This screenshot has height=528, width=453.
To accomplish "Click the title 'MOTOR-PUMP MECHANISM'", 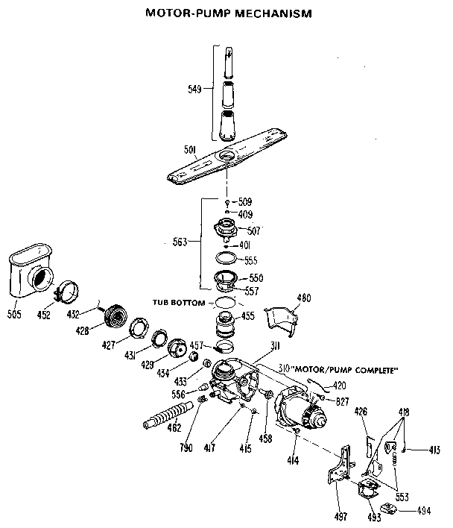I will [x=226, y=13].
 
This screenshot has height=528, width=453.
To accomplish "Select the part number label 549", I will [x=194, y=89].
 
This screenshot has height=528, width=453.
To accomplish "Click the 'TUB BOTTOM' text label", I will [x=177, y=303].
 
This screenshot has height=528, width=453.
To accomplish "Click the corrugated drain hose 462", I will [x=168, y=417].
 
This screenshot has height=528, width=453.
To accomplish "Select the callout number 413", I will [x=436, y=450].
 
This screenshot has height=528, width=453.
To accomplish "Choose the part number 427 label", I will [x=109, y=345].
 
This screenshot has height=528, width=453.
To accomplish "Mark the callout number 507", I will [x=253, y=231].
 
